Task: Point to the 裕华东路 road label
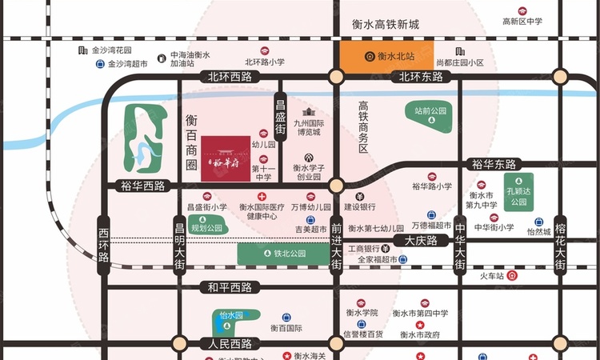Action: (x=494, y=164)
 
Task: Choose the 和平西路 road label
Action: (x=230, y=287)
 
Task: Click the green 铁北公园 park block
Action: (x=284, y=254)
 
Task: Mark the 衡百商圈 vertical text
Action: (x=191, y=141)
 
